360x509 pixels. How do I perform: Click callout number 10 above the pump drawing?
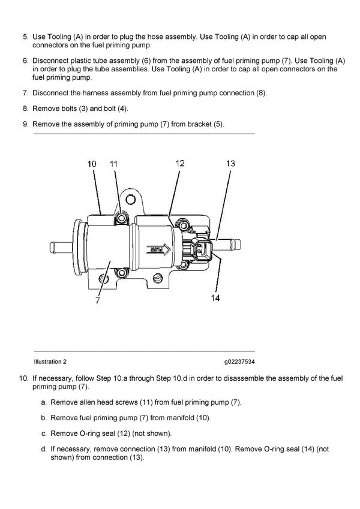pos(92,164)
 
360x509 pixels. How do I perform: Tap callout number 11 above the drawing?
pos(114,164)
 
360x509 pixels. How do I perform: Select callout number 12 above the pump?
pos(180,162)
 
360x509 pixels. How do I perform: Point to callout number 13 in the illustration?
pos(230,163)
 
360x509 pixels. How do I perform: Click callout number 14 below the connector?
pos(215,298)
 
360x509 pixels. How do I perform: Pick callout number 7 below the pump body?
pos(97,301)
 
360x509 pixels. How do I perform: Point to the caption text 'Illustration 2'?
pos(50,362)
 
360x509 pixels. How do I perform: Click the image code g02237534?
pos(239,362)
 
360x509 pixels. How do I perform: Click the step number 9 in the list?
pos(25,124)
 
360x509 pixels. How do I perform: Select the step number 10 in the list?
pos(23,378)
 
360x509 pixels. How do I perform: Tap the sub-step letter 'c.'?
pos(44,433)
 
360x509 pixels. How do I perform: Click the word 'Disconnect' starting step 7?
pos(52,93)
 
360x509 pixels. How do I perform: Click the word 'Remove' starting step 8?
pos(46,109)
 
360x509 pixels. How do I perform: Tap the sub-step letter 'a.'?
pos(44,402)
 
